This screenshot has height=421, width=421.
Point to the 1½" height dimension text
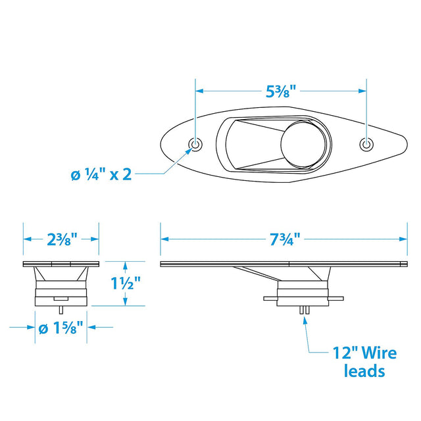(124, 284)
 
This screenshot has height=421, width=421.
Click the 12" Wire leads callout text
(363, 362)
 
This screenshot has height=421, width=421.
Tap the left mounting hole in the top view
(195, 145)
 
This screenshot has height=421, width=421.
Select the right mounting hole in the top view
(366, 145)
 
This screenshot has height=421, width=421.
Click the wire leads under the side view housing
(304, 311)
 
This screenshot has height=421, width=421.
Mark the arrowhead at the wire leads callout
(305, 320)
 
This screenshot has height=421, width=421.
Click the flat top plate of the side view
(283, 264)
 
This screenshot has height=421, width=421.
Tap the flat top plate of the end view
(61, 264)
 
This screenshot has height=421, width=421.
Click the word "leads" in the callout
(364, 371)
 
